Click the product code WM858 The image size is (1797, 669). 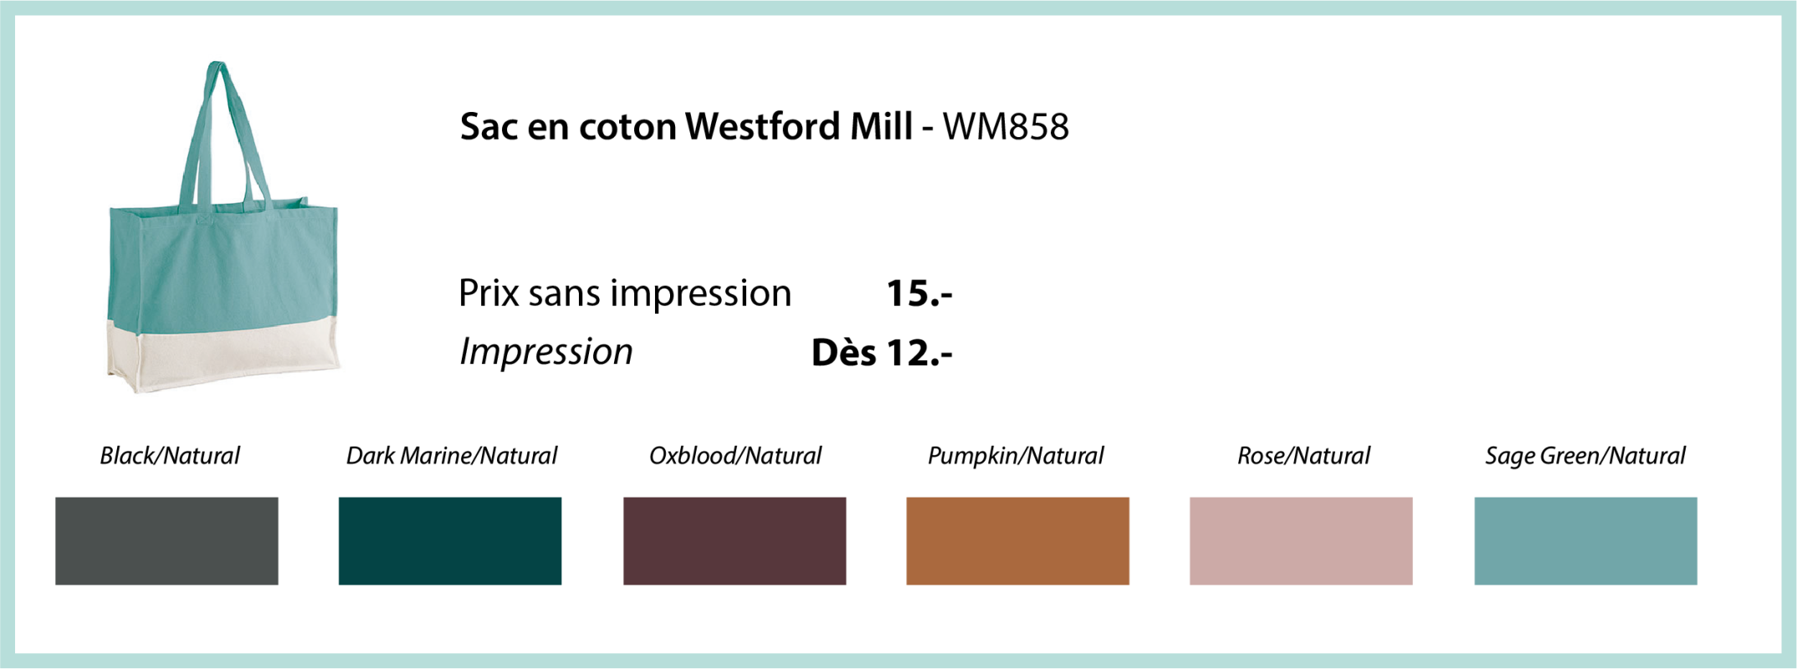coord(1006,127)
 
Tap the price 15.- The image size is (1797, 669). coord(919,294)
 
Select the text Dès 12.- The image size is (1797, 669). coord(882,352)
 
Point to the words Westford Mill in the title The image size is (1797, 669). coord(798,127)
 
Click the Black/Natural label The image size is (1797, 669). coord(170,456)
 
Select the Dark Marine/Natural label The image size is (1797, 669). coord(452,456)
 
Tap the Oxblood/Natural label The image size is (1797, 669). coord(735,456)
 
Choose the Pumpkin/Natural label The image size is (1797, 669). coord(1016,457)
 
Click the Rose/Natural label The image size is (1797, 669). coord(1303,456)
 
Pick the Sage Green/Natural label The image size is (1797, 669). coord(1585,457)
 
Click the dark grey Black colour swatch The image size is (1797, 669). coord(166,541)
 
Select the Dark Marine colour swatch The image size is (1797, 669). coord(450,541)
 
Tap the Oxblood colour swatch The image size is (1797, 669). coord(735,541)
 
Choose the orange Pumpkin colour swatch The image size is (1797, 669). coord(1018,541)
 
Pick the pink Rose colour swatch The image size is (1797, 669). coord(1301,541)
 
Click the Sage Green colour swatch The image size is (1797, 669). coord(1585,541)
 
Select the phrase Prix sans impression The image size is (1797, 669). coord(625,294)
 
